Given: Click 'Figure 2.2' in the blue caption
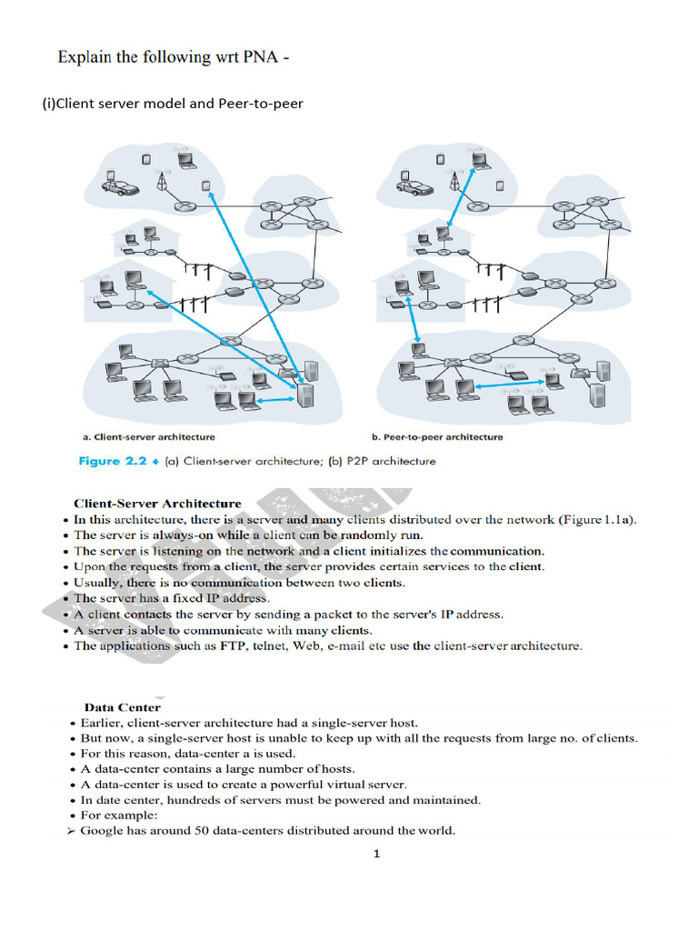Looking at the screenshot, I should click(112, 461).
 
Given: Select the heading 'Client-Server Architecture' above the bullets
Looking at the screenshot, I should click(157, 503).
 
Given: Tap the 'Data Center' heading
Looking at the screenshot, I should click(123, 706).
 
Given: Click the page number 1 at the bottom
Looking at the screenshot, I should click(376, 853).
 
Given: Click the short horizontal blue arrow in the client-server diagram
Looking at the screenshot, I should click(275, 398).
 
